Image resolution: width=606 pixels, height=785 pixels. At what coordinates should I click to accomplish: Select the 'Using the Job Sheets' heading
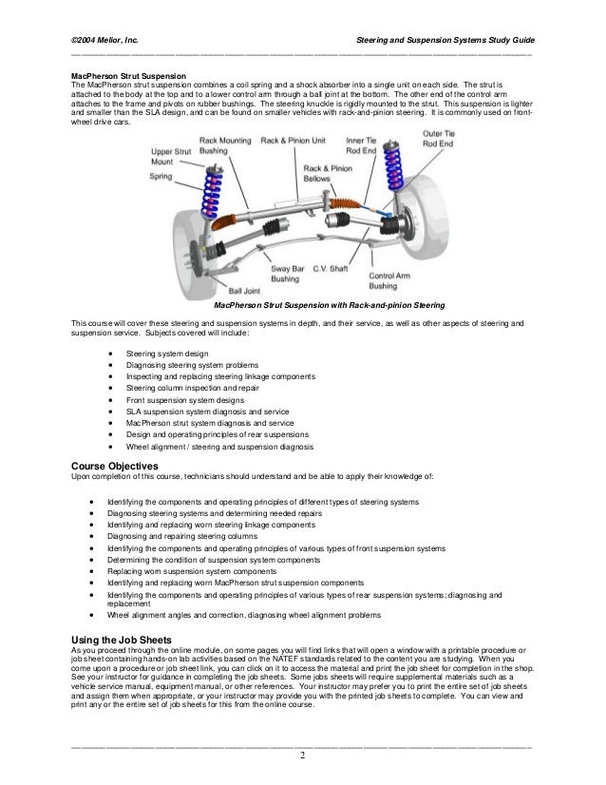[123, 640]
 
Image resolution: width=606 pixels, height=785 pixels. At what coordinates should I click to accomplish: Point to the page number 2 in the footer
[302, 756]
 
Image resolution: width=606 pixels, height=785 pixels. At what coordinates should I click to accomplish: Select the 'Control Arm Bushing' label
[388, 278]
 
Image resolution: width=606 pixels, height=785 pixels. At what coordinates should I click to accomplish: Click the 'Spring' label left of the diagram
[161, 176]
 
